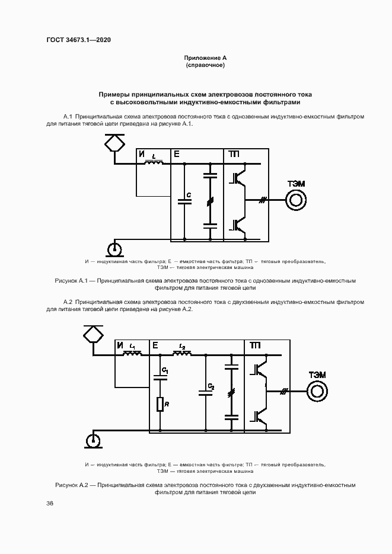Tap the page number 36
50,504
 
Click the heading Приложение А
205,57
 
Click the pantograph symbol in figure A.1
114,143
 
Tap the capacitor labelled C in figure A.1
184,202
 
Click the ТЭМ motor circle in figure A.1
296,201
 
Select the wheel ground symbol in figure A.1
115,247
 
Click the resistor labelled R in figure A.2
160,405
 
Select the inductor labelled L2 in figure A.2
182,354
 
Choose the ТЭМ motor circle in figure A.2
317,392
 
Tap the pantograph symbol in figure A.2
93,335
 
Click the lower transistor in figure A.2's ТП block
259,417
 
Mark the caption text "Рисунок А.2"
71,485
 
